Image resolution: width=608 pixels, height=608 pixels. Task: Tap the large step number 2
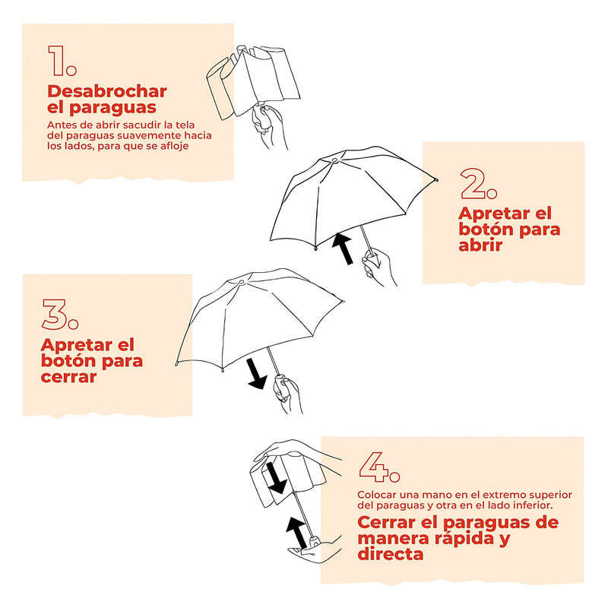pyautogui.click(x=479, y=183)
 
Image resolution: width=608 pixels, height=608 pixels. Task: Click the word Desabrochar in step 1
pyautogui.click(x=107, y=91)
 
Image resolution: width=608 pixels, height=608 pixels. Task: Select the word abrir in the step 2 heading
pyautogui.click(x=481, y=245)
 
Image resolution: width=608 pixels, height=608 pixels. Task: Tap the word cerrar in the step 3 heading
pyautogui.click(x=68, y=376)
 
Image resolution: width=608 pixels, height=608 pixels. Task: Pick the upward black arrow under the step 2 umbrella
pyautogui.click(x=344, y=249)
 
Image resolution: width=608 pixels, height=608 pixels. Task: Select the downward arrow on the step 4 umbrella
pyautogui.click(x=276, y=477)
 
